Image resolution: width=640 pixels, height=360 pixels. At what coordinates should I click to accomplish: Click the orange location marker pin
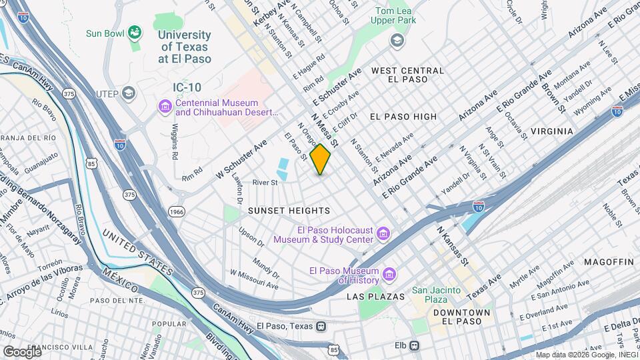(321, 159)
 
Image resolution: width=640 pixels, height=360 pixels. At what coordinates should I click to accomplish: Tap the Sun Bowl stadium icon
(135, 32)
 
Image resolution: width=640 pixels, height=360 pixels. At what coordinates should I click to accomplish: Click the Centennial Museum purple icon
(164, 106)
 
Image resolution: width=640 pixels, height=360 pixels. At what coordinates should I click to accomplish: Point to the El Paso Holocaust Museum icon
(383, 233)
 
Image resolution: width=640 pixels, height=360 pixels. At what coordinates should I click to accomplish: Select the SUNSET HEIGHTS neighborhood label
(289, 211)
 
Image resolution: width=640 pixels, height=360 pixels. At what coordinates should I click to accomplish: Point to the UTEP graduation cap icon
(129, 93)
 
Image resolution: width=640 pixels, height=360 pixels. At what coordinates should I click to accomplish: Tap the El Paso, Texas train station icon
(322, 327)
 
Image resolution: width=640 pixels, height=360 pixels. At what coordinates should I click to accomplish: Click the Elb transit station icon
(415, 345)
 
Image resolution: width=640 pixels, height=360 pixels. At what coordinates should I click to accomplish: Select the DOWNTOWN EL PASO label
(461, 317)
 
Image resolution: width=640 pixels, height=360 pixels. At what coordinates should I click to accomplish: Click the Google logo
(22, 351)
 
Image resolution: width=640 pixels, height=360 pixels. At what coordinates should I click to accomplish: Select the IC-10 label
(187, 87)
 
